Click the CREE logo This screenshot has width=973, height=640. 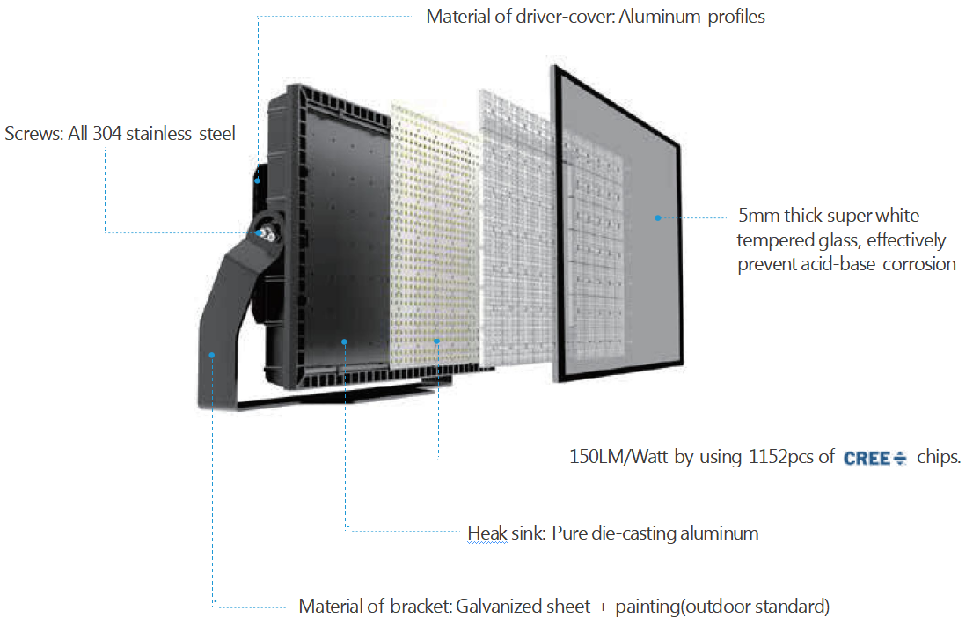[x=875, y=458]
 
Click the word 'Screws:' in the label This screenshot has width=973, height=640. [x=34, y=134]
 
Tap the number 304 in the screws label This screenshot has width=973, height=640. [x=106, y=134]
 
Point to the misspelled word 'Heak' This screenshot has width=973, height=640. [x=487, y=533]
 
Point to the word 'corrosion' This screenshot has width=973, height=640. [x=919, y=264]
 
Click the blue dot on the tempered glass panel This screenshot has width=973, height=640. [x=658, y=218]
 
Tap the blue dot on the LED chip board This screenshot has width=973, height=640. [x=437, y=342]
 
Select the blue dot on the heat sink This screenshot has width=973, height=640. [x=344, y=342]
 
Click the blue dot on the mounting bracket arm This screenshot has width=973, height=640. [x=212, y=355]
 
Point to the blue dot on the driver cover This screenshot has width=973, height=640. [x=258, y=180]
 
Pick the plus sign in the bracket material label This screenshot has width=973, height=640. [x=603, y=607]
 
